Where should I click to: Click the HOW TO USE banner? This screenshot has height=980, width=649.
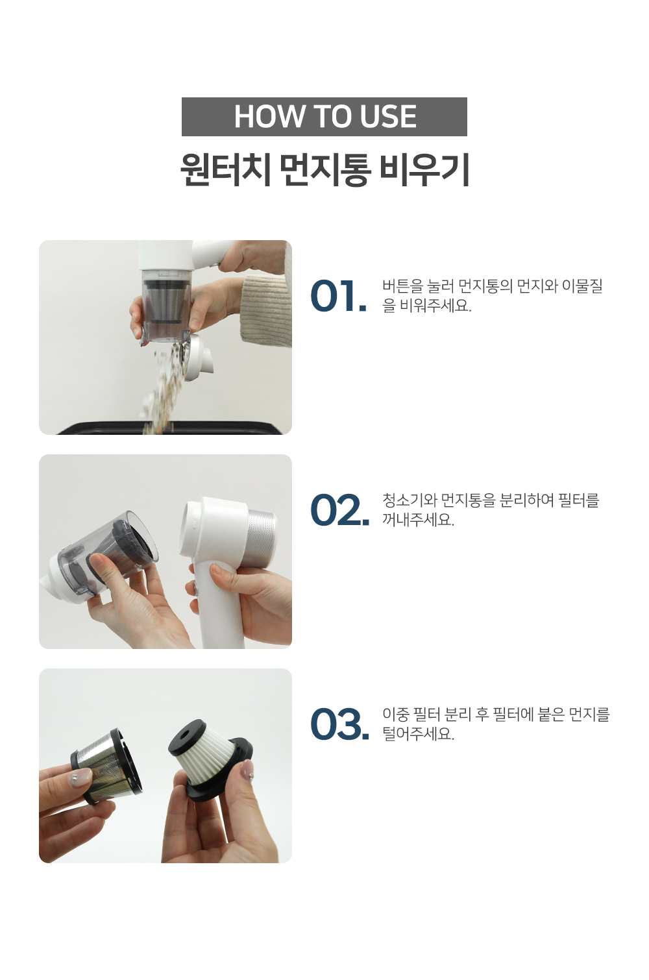tap(324, 117)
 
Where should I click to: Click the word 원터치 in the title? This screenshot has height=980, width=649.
tap(225, 170)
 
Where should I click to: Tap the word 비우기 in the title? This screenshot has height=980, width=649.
tap(424, 170)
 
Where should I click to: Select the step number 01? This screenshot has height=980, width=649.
tap(338, 296)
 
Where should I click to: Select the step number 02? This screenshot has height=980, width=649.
tap(339, 510)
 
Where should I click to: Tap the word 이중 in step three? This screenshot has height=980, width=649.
tap(396, 715)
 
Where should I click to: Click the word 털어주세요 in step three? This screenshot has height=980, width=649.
tap(418, 733)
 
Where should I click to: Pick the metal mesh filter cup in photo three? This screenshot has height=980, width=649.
tap(106, 765)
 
